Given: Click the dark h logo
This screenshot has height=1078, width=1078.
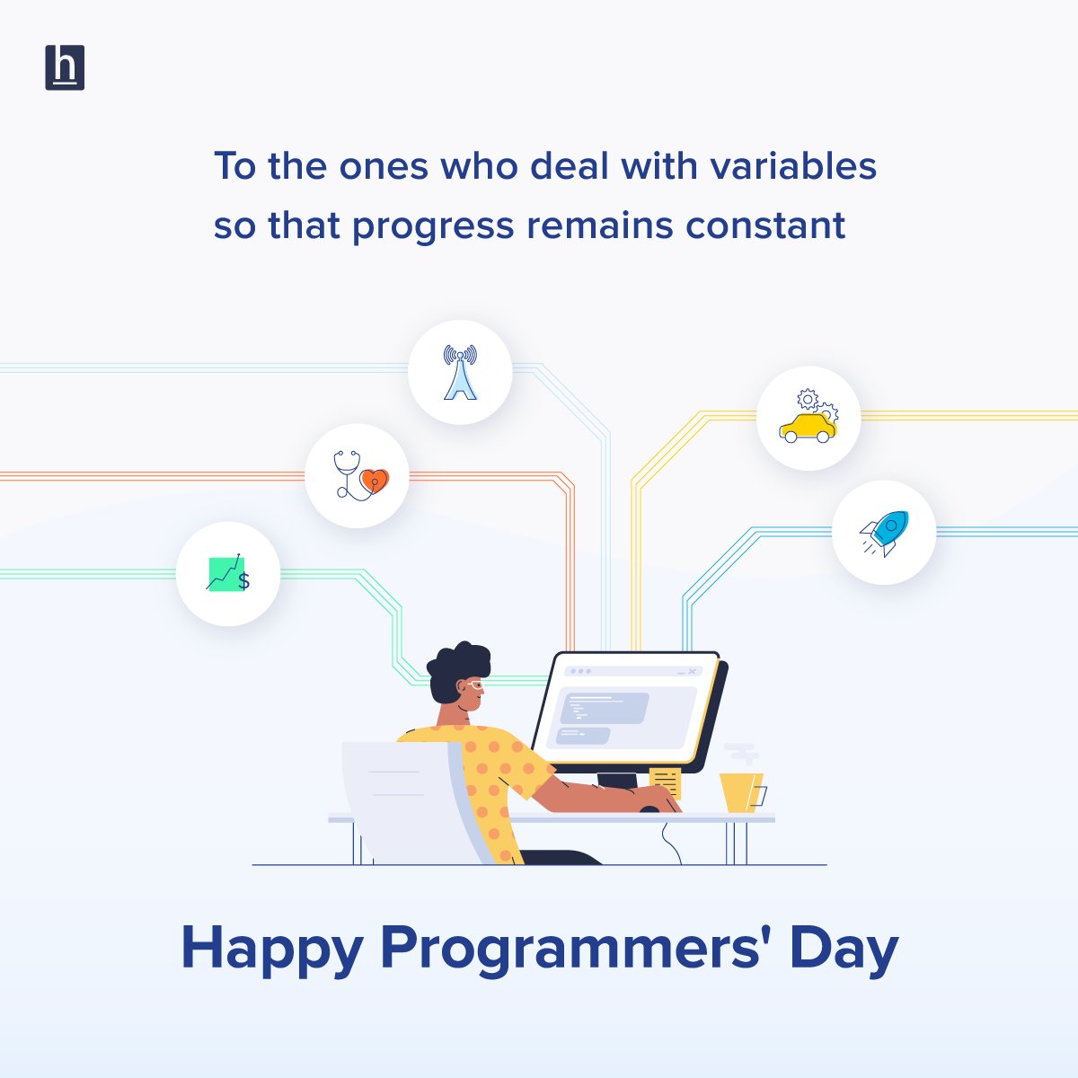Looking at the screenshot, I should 65,67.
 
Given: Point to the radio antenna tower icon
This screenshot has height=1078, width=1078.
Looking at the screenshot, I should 460,372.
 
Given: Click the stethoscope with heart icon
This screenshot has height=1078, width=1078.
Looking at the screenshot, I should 358,475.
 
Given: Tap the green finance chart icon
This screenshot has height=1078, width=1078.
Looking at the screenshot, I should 228,574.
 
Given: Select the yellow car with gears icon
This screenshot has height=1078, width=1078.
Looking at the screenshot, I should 808,418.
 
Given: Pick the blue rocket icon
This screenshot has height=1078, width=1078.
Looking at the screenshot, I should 884,532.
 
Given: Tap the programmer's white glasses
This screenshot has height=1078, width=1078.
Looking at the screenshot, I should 474,685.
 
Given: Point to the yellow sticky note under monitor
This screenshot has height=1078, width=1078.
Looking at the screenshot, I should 666,781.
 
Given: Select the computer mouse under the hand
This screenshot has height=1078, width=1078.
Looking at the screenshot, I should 649,808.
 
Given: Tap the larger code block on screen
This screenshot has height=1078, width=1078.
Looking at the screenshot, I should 604,707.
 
